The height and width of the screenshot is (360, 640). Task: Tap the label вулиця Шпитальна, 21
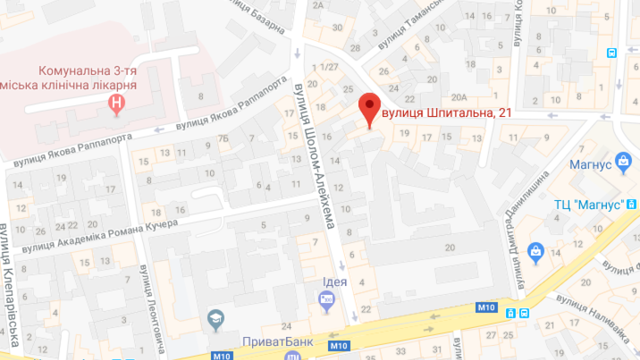(x=446, y=113)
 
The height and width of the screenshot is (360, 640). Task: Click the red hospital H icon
(x=116, y=104)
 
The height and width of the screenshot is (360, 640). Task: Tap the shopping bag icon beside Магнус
(x=623, y=162)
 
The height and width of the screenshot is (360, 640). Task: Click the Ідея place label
(x=334, y=281)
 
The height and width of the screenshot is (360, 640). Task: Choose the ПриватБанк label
(x=277, y=342)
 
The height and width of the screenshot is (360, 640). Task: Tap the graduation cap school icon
(x=216, y=319)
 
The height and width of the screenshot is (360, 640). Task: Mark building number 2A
(x=318, y=5)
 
